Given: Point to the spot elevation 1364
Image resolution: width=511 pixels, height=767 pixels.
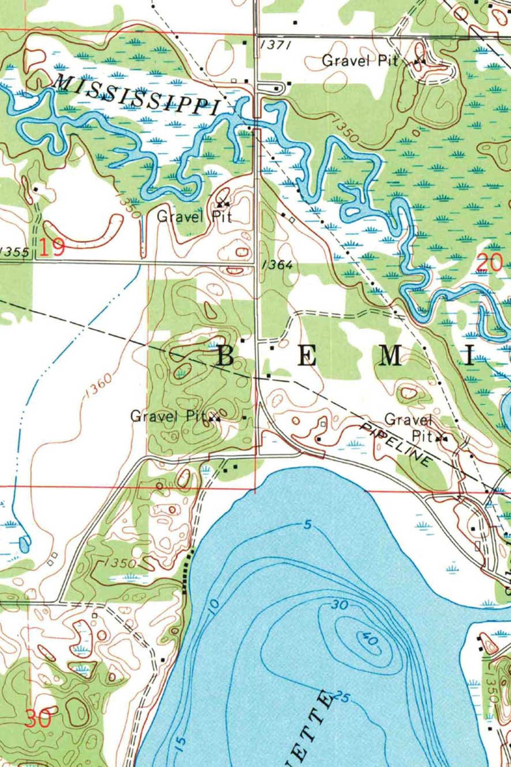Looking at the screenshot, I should coord(277,265).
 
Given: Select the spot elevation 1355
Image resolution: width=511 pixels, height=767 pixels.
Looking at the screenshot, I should coord(15,252).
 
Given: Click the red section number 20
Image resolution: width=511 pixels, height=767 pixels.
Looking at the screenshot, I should coord(489,263).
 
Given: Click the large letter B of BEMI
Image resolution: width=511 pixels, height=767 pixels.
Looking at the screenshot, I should coord(226,356).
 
